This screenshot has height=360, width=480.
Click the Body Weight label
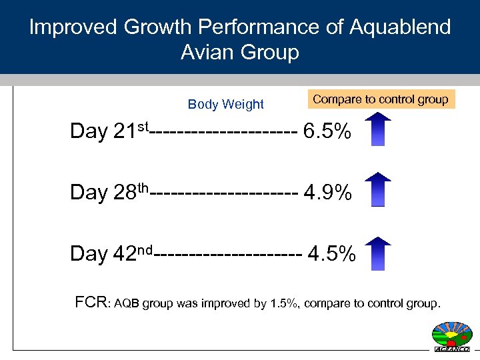226,105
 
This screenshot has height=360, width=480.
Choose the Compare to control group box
381,99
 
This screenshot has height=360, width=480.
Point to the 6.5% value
327,131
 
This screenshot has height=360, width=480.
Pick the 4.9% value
327,193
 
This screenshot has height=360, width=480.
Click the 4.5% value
331,254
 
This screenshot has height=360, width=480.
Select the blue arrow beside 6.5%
379,129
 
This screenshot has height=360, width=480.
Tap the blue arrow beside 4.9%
379,190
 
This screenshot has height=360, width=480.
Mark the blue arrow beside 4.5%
379,252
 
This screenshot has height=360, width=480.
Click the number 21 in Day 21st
125,132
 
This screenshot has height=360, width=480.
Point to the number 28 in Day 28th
125,193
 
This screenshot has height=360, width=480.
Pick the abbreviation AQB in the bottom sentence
127,305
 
